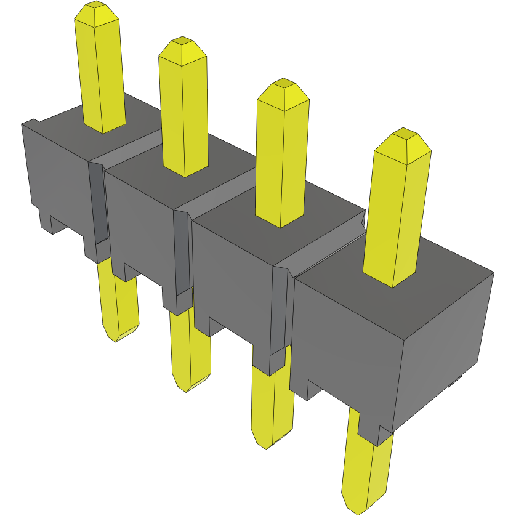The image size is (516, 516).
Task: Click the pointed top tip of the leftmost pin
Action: point(94,6)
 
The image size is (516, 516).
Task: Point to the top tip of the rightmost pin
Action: point(403,133)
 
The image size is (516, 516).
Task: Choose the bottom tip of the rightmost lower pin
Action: point(358,512)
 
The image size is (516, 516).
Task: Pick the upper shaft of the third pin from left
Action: point(280,160)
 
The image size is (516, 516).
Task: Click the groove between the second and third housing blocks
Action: point(182,252)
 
